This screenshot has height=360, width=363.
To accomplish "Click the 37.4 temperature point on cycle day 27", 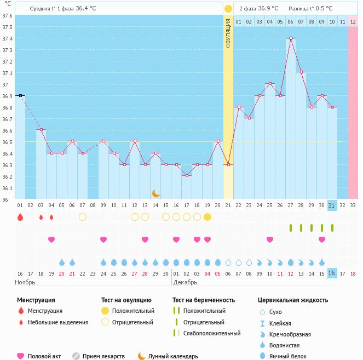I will [x=291, y=38].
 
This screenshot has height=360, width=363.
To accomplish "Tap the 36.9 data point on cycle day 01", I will [x=20, y=95].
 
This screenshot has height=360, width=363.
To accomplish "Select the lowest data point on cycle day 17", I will [x=187, y=176].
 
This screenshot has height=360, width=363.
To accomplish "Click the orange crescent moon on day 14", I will [x=156, y=193].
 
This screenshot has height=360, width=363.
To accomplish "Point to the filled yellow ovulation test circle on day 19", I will [x=208, y=217].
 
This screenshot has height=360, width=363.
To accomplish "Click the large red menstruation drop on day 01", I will [x=20, y=217].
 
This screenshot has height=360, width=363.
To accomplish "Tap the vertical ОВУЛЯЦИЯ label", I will [x=228, y=33].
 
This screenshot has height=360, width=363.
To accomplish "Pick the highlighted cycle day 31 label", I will [x=332, y=205].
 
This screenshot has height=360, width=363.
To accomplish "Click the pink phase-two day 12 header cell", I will [x=353, y=21].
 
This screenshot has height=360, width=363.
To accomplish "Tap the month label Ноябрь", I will [x=25, y=283].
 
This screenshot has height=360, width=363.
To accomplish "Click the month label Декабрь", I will [x=185, y=283].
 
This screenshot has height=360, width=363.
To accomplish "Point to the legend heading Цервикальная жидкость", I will [x=293, y=300].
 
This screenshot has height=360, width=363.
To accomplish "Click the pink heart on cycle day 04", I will [x=51, y=239].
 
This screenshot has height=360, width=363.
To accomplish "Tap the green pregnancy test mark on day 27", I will [x=291, y=228].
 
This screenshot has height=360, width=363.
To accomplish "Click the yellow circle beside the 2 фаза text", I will [x=228, y=9].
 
